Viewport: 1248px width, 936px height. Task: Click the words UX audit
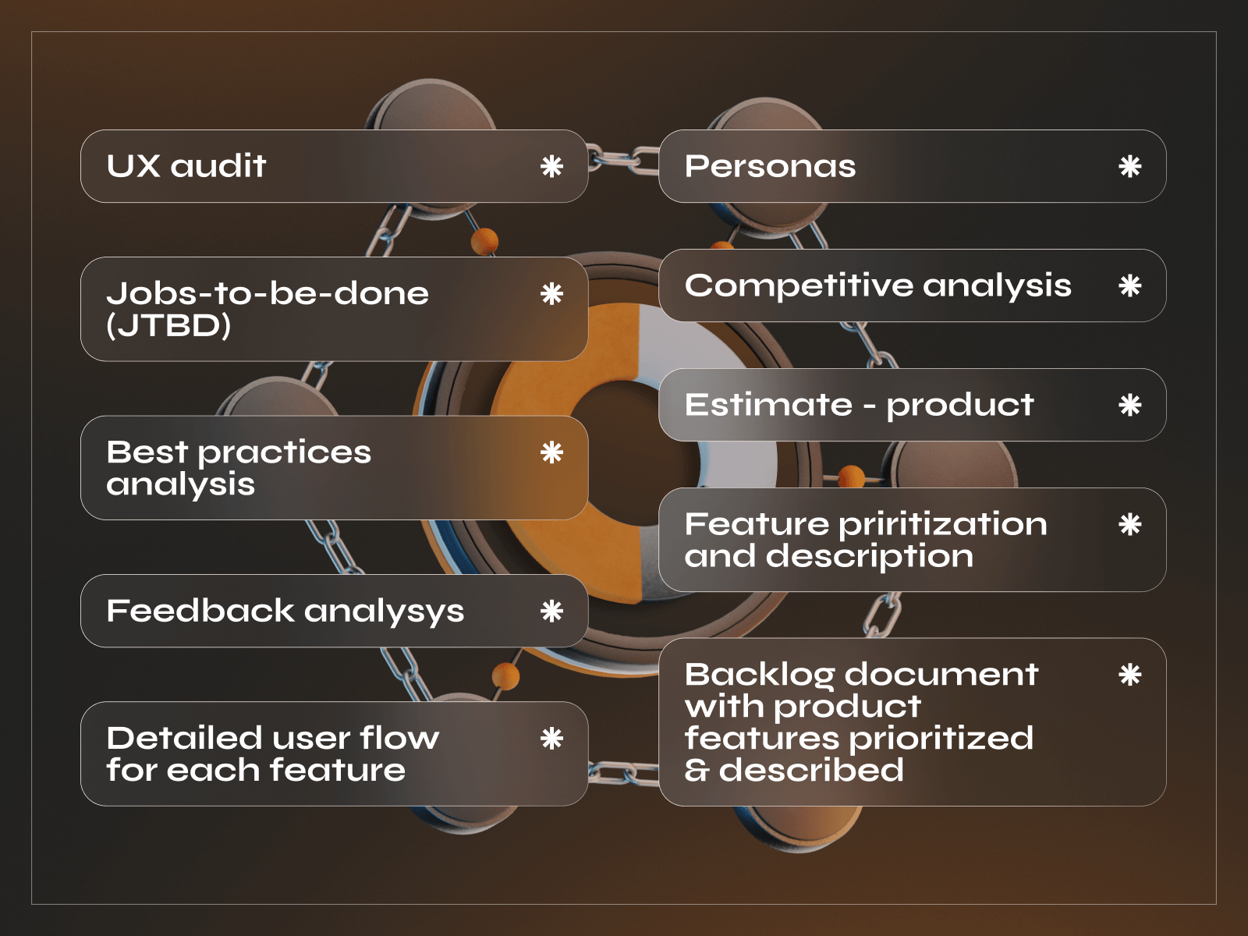(x=186, y=166)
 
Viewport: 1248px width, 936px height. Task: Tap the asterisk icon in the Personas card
(x=1129, y=166)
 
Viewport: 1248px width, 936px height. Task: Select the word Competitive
(x=798, y=286)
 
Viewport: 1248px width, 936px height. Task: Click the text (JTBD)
(x=168, y=326)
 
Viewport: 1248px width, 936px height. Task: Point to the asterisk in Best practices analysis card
(x=551, y=452)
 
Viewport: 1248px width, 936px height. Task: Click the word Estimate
(x=768, y=405)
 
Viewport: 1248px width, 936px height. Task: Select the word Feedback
(x=200, y=611)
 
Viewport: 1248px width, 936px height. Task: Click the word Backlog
(x=759, y=675)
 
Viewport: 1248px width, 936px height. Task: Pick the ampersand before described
(x=697, y=771)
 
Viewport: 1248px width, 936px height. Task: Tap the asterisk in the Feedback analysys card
(x=551, y=611)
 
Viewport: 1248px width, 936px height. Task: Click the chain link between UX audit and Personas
(x=623, y=160)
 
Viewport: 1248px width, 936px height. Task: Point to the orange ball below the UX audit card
(x=484, y=241)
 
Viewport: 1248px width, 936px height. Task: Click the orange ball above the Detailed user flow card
(x=506, y=676)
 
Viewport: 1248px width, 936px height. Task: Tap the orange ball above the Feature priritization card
(x=851, y=476)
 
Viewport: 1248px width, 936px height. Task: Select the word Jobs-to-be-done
(x=268, y=294)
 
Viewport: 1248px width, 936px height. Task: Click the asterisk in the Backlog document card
(x=1129, y=675)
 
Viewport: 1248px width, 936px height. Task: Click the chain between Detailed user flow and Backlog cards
(x=623, y=773)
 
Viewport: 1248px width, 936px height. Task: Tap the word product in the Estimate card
(x=959, y=406)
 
